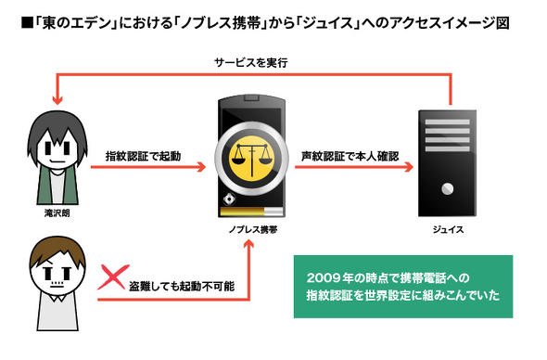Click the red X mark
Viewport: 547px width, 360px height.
[113, 277]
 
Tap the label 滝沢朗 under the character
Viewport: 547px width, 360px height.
[57, 213]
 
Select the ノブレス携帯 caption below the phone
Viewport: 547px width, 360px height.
[253, 229]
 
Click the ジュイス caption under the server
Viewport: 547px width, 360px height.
[449, 229]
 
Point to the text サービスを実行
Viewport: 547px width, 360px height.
[251, 63]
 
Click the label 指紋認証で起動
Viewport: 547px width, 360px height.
[143, 156]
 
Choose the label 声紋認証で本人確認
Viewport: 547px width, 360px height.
[350, 156]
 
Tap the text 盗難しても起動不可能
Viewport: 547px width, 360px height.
[182, 287]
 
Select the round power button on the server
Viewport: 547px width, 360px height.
[448, 189]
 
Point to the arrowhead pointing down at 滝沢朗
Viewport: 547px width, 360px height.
[57, 100]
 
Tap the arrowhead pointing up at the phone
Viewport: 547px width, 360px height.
[248, 244]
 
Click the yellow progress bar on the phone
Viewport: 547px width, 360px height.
[242, 212]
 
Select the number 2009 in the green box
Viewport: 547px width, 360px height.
[324, 278]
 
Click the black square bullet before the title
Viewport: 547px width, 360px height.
[27, 23]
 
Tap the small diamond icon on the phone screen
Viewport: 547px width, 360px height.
[229, 199]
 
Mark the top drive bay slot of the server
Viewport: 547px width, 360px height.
[448, 122]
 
